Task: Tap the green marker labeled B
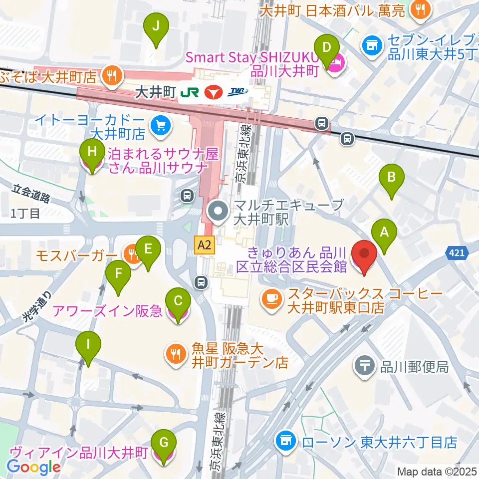point(392,180)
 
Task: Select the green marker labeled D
point(327,51)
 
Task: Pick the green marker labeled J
point(156,29)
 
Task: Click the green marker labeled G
point(166,445)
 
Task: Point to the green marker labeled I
point(88,348)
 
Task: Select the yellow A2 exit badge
point(205,244)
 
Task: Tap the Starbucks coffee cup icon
point(271,298)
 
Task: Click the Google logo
point(34,467)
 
